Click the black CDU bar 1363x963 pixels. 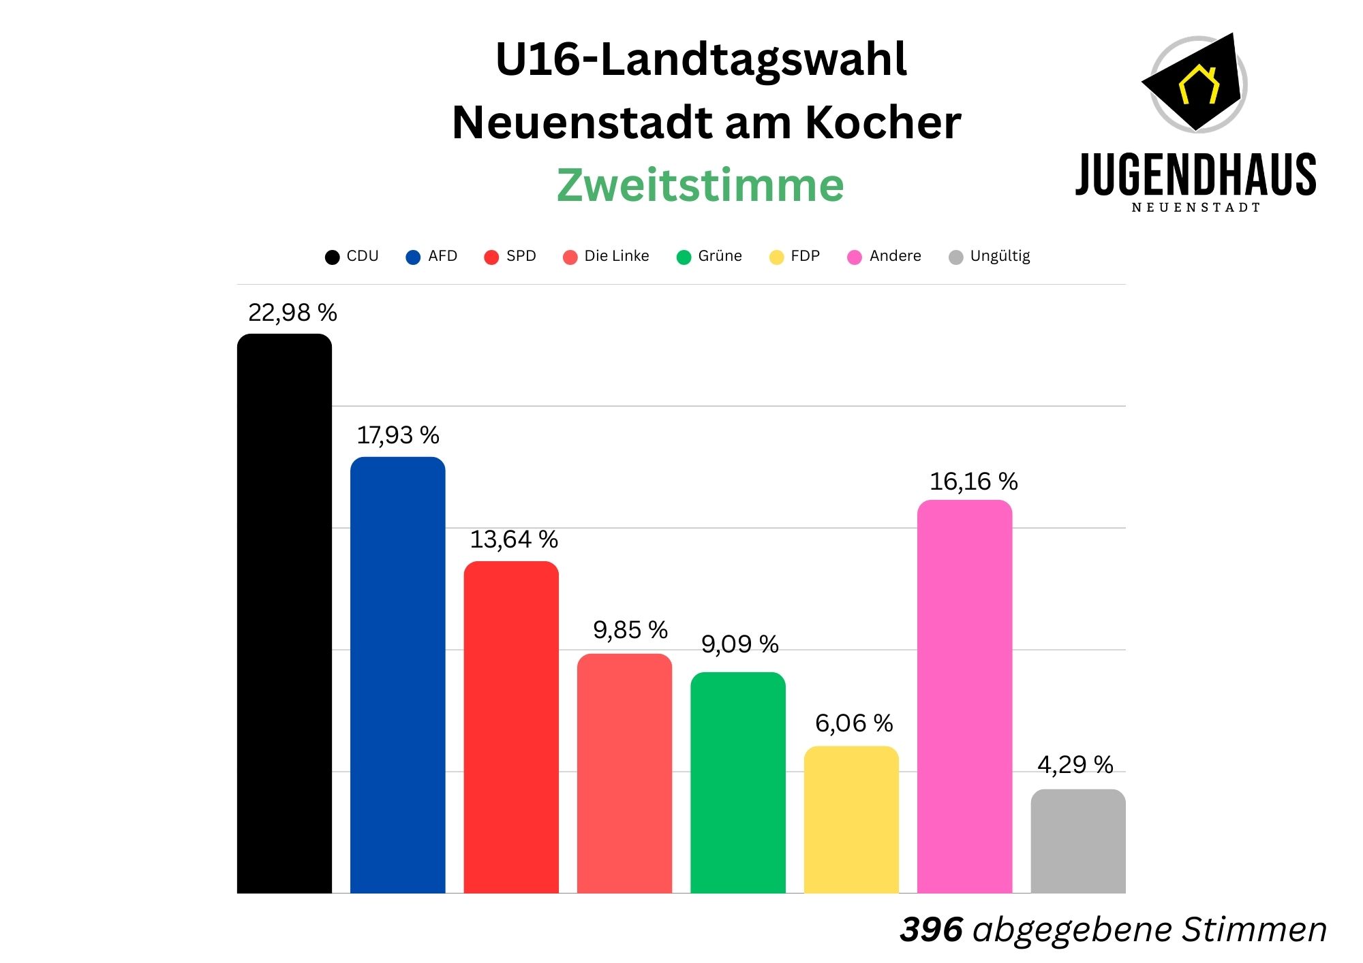pyautogui.click(x=284, y=613)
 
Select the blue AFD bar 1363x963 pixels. pyautogui.click(x=397, y=674)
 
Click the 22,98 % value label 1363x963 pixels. pyautogui.click(x=292, y=313)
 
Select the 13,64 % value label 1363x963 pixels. pyautogui.click(x=514, y=539)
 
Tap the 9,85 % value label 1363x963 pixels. pyautogui.click(x=630, y=630)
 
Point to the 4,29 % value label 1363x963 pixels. pyautogui.click(x=1075, y=765)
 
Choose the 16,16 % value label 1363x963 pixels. pyautogui.click(x=973, y=481)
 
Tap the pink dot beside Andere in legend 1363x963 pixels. pyautogui.click(x=854, y=257)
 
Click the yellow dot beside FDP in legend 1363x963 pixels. pyautogui.click(x=776, y=257)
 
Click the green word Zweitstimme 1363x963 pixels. pyautogui.click(x=700, y=185)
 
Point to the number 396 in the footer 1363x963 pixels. pyautogui.click(x=931, y=929)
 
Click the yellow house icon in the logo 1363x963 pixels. pyautogui.click(x=1199, y=84)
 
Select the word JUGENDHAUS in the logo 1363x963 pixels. pyautogui.click(x=1195, y=175)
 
